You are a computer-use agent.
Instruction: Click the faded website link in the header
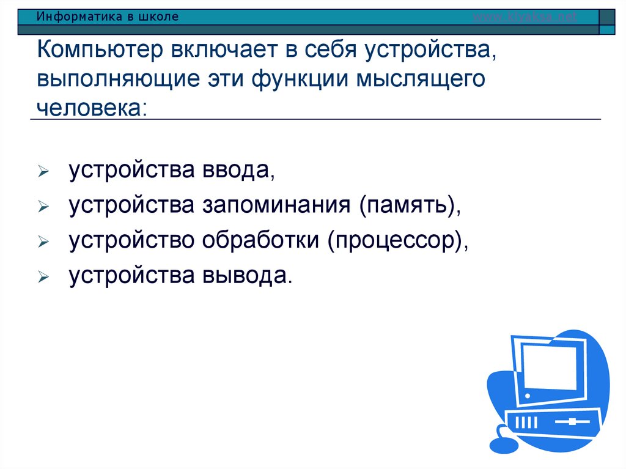point(525,17)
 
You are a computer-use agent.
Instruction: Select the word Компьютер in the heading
point(103,51)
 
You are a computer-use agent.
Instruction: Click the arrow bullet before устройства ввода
point(42,174)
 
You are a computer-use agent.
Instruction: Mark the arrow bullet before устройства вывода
point(42,278)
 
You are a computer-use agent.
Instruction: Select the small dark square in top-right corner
point(607,29)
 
